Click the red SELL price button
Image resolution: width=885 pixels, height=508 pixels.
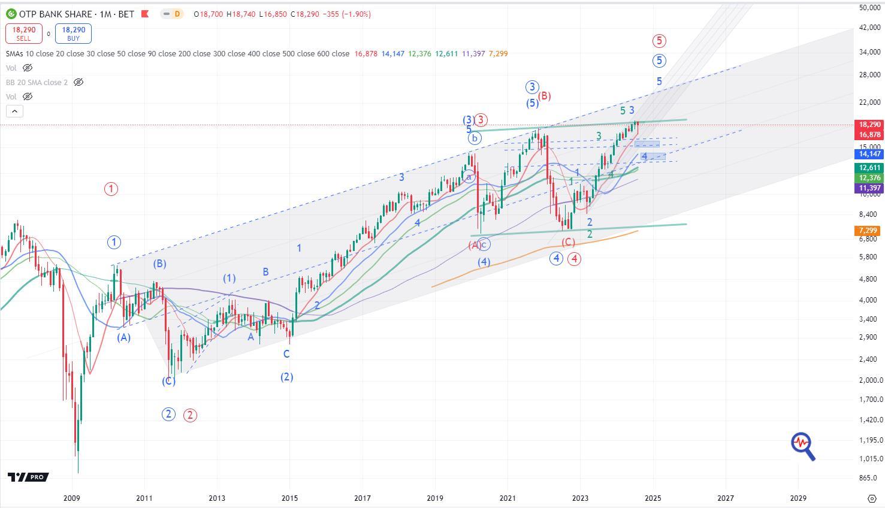click(23, 34)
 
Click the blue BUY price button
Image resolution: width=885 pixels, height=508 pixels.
click(73, 34)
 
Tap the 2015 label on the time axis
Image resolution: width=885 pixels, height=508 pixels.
click(289, 498)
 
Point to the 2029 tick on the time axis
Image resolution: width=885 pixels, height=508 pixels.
click(798, 498)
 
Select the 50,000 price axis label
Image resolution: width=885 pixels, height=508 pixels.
click(869, 7)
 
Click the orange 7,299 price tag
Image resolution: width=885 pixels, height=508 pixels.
click(868, 231)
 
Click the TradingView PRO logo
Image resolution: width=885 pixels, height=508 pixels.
click(28, 477)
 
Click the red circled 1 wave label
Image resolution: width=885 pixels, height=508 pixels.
click(111, 189)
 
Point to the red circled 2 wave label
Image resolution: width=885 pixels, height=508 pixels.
click(190, 415)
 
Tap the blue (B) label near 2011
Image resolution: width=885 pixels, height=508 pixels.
click(159, 264)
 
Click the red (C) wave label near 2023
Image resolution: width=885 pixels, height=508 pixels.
click(568, 242)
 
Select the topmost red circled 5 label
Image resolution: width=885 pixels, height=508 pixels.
click(659, 41)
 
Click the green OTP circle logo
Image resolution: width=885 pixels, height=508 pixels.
click(11, 14)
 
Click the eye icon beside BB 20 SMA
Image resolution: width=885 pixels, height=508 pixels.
click(78, 82)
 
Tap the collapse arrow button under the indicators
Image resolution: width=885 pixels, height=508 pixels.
click(14, 111)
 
